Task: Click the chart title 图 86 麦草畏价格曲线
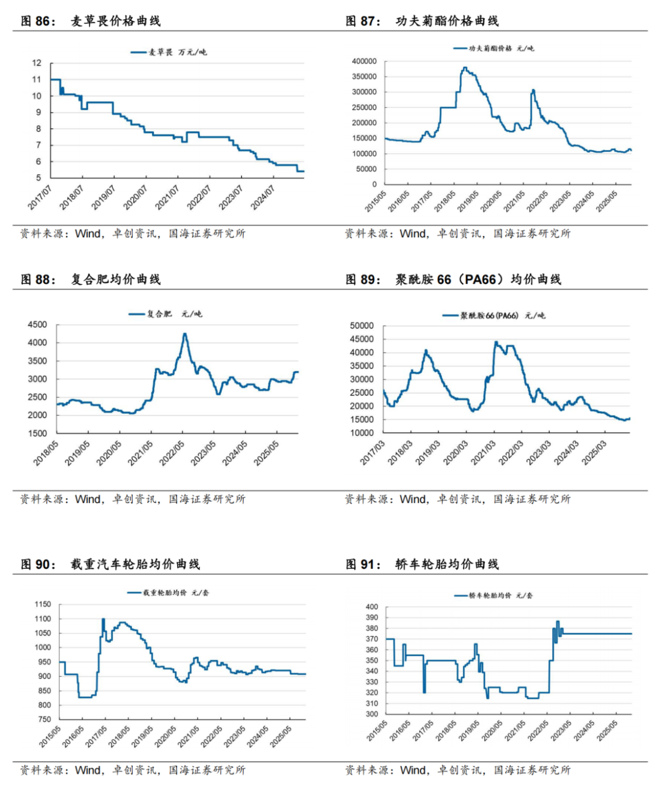(x=91, y=21)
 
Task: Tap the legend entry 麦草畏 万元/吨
(x=169, y=52)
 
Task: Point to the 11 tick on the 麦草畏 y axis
(x=37, y=79)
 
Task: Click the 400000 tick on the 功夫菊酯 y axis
(x=364, y=61)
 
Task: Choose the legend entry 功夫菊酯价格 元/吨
(x=493, y=48)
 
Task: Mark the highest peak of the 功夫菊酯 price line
(x=465, y=67)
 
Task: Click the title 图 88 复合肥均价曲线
(x=91, y=279)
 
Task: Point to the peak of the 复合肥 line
(x=185, y=334)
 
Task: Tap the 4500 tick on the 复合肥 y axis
(x=37, y=325)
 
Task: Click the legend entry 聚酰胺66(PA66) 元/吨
(x=494, y=316)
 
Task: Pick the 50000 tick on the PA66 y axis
(x=362, y=325)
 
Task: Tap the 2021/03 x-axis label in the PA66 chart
(x=484, y=452)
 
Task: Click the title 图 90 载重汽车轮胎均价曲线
(x=110, y=565)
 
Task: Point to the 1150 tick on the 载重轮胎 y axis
(x=43, y=604)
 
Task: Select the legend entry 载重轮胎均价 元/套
(x=168, y=593)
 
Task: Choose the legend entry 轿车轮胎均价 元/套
(x=493, y=595)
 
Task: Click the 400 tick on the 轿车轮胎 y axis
(x=371, y=607)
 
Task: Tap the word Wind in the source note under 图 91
(x=413, y=770)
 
